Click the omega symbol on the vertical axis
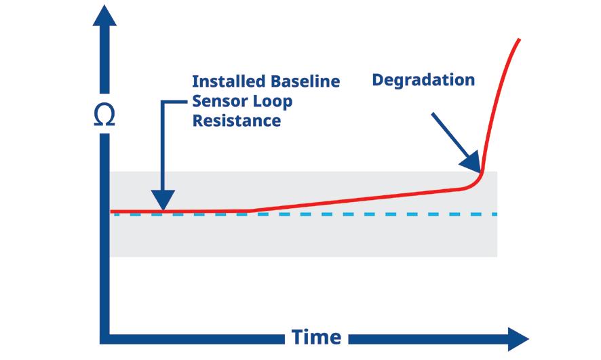[x=104, y=115]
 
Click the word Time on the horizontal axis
[x=316, y=337]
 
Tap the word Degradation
[x=423, y=80]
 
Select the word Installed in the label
[x=228, y=81]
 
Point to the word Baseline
[x=304, y=81]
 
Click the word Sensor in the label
[x=219, y=102]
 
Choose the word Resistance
[x=237, y=121]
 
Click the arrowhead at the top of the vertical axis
[x=104, y=14]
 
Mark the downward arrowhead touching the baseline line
[x=163, y=203]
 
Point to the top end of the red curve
[x=520, y=40]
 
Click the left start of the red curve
[x=112, y=212]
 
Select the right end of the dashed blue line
[x=497, y=214]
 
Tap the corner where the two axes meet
[x=104, y=338]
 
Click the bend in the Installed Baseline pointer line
[x=163, y=102]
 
